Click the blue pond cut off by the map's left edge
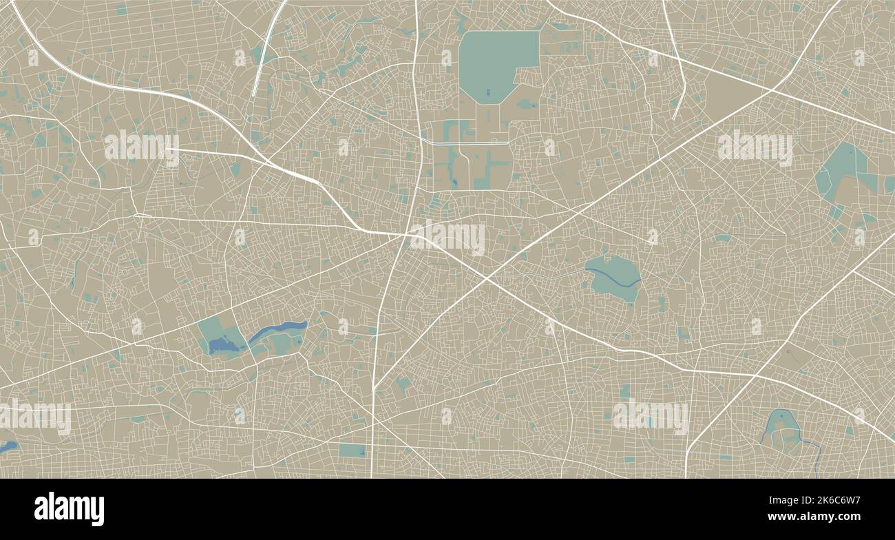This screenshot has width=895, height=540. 7,447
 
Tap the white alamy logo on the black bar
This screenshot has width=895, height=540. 69,509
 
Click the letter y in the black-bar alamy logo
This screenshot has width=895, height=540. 98,511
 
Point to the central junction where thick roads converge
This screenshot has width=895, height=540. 406,236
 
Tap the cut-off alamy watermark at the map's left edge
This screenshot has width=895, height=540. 34,417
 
